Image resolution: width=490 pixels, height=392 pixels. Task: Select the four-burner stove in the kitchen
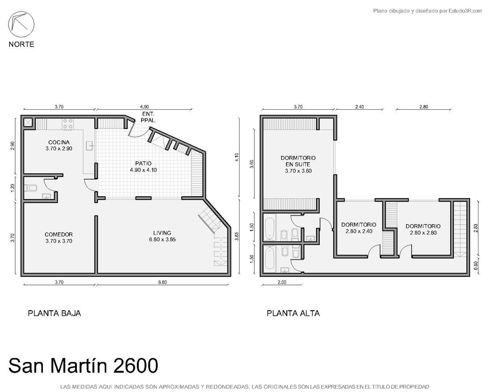click(x=68, y=124)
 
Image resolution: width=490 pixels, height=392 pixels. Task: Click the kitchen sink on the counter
click(x=90, y=146)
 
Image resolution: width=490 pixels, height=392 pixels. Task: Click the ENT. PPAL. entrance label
click(x=148, y=117)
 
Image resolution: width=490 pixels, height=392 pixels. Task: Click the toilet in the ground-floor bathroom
click(x=30, y=188)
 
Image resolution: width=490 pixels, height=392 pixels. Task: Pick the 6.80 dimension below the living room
click(x=163, y=282)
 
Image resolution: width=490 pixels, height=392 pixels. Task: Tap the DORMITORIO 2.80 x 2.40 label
click(x=359, y=228)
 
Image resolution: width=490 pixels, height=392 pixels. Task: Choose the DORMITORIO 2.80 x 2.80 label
click(x=423, y=229)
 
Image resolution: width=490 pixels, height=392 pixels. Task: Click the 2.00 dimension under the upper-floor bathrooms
click(x=282, y=282)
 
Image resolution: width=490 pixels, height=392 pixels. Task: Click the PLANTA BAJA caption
click(x=54, y=313)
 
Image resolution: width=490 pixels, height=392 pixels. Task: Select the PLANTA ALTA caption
click(x=293, y=313)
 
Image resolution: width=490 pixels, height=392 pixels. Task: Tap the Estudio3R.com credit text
click(x=465, y=11)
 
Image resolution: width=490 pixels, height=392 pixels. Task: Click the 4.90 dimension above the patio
click(x=144, y=107)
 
